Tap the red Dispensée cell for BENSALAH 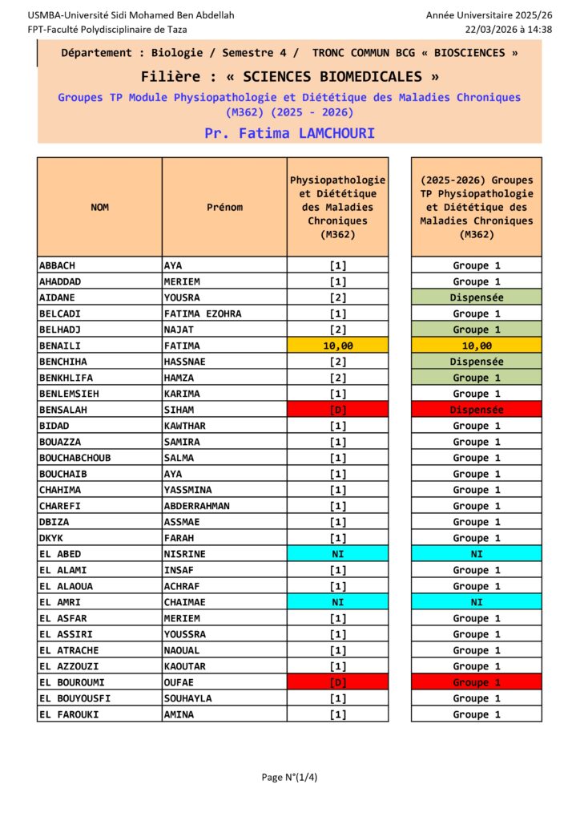[476, 410]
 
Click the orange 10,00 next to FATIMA [337, 346]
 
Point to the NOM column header [99, 207]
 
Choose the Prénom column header [224, 207]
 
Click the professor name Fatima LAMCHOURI [289, 133]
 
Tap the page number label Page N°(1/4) [289, 776]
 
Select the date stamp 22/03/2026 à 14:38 [509, 29]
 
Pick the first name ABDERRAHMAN [196, 506]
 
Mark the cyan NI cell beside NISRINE [337, 554]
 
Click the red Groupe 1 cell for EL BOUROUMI [476, 682]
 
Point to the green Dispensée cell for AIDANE [476, 297]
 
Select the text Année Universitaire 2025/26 [489, 15]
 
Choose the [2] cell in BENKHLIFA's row [337, 378]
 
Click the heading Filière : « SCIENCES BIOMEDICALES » [289, 77]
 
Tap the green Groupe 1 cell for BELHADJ [476, 330]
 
